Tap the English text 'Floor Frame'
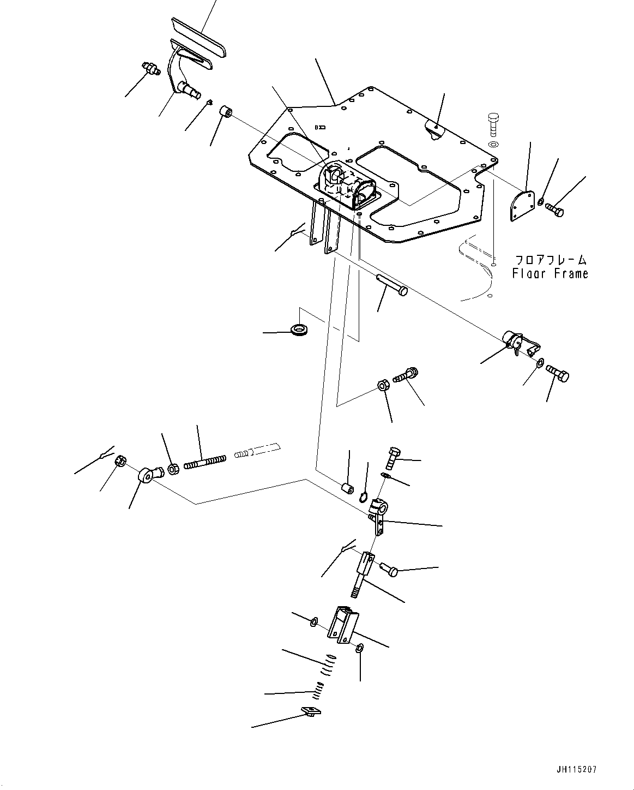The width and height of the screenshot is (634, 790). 550,273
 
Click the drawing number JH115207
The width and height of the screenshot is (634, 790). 577,770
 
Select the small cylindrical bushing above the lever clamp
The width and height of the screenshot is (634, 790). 347,487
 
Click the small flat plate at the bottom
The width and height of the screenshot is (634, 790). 311,711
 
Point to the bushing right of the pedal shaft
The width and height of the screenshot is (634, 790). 226,113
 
